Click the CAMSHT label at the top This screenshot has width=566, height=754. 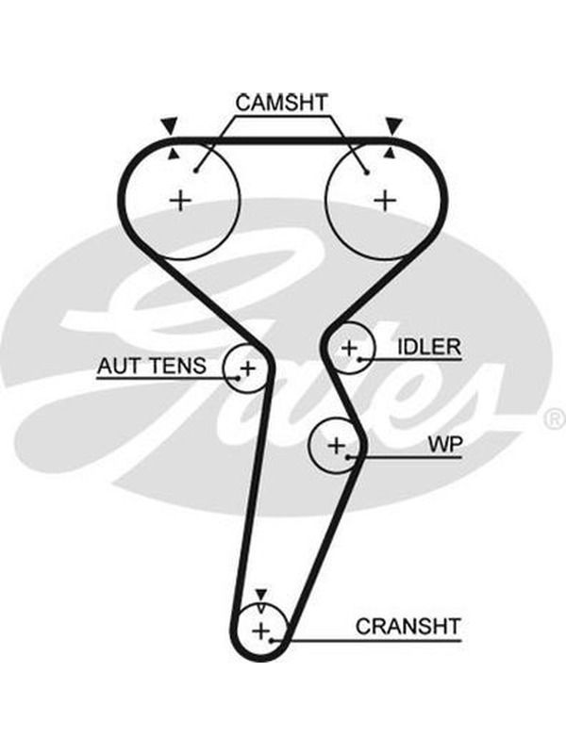281,103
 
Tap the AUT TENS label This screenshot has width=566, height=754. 152,366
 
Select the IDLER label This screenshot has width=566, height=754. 429,347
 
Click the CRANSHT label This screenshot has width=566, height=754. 408,627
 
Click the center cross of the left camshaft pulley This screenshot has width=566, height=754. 181,200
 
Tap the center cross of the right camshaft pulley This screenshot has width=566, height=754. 385,200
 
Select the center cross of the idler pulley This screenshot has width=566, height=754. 349,348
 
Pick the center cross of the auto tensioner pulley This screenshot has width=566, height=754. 247,369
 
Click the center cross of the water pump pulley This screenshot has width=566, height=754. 336,446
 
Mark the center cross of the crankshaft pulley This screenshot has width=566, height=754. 261,631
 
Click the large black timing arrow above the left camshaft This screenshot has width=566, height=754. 169,126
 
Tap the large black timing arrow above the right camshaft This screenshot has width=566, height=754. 394,126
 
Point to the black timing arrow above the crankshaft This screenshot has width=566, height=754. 261,595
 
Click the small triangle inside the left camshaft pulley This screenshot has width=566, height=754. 174,154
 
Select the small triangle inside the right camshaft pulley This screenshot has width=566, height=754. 391,154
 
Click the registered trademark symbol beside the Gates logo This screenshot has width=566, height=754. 556,419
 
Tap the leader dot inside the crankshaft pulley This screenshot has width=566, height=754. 272,641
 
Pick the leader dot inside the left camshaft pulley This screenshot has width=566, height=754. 196,170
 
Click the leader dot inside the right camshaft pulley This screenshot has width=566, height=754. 367,172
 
